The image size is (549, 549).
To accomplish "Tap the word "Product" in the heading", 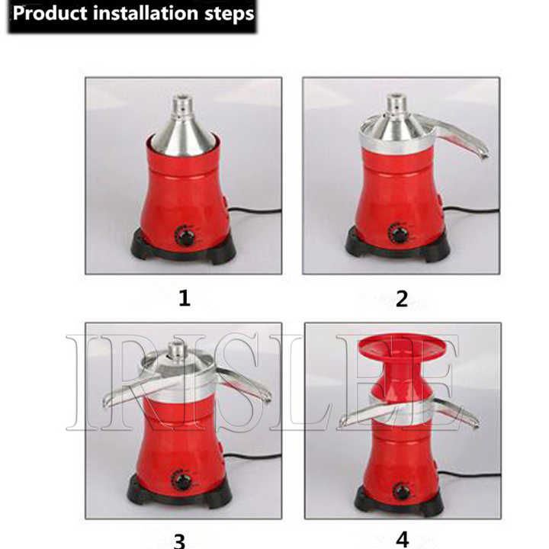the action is point(50,14).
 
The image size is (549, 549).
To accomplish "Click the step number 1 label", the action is point(185,298).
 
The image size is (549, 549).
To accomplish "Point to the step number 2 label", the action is point(402,299).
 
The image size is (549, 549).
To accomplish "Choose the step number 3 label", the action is point(179,541).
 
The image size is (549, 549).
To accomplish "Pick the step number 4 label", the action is point(403,540).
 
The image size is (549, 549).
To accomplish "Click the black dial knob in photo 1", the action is point(185,236).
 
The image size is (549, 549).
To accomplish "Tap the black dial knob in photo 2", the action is point(398,233).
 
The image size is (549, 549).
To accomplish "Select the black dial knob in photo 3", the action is point(181,480).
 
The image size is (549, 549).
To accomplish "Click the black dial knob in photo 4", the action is point(402,491).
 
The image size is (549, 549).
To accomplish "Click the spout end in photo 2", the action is point(484,153).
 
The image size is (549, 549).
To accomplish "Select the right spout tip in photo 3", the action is point(267,398).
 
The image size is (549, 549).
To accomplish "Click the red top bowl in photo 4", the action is point(403,346).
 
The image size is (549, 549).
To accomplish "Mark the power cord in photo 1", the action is point(255,210).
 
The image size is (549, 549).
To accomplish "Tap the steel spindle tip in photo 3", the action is point(175,345).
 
